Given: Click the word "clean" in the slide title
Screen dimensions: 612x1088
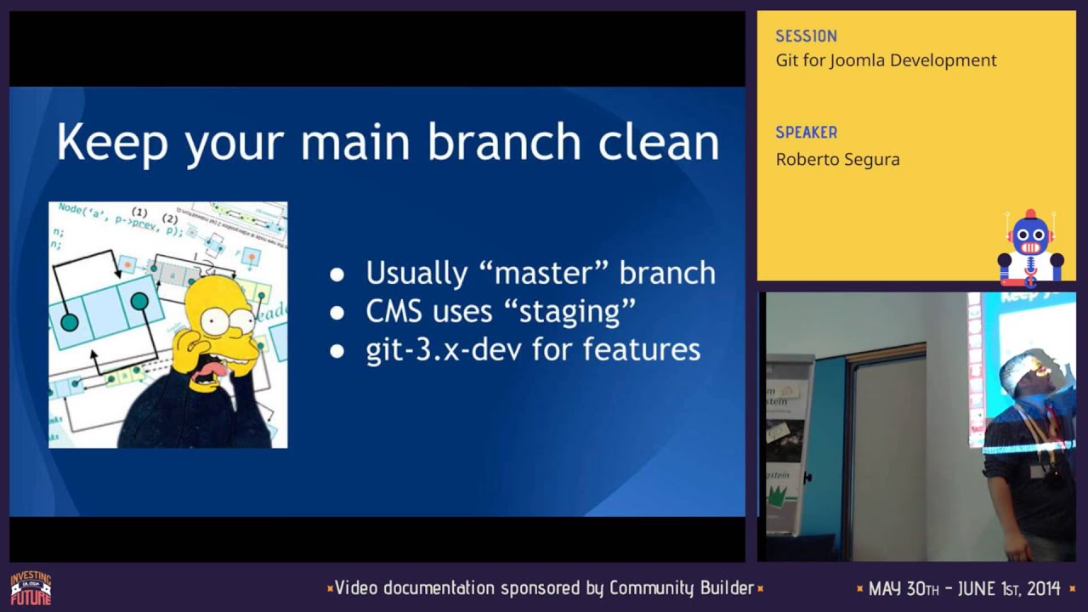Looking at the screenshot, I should (659, 142).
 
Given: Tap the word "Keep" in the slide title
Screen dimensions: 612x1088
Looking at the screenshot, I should (112, 144).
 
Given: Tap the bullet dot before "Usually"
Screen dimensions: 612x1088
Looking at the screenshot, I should (337, 275).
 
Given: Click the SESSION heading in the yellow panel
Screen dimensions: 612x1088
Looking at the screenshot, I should (806, 37).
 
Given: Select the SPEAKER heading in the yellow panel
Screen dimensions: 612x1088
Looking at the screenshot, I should (806, 133).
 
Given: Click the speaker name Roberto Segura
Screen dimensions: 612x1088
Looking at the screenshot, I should (837, 160).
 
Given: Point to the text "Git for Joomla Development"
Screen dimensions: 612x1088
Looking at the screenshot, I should (886, 60).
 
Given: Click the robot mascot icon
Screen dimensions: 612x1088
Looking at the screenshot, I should (1030, 247).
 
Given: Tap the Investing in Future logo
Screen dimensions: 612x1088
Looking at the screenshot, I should (31, 588).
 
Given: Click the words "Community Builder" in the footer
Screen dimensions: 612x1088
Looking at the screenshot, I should (681, 587).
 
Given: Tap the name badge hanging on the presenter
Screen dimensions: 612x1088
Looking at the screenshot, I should (1039, 470).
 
